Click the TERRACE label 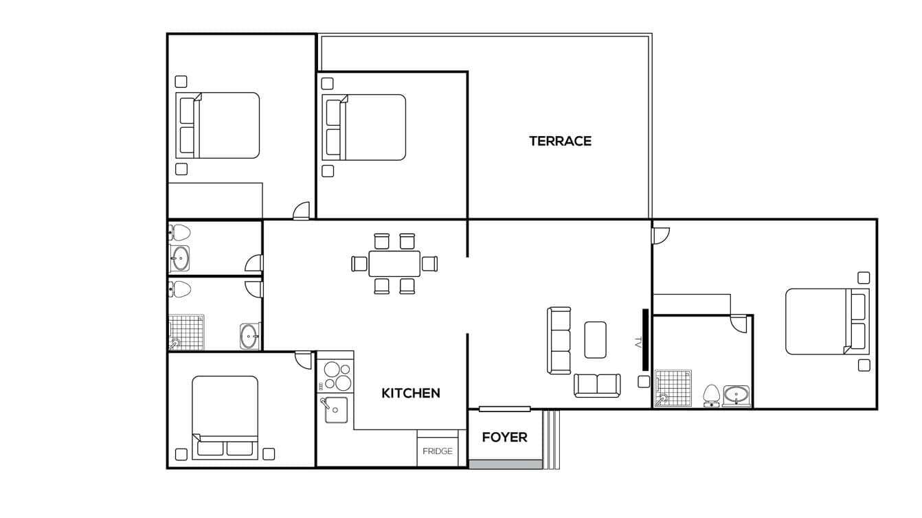[x=560, y=141]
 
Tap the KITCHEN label [x=410, y=393]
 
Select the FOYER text [x=504, y=437]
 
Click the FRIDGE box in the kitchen [x=437, y=451]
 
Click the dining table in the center [x=394, y=263]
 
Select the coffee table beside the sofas [x=595, y=339]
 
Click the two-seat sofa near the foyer [x=597, y=385]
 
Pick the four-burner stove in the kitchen [x=336, y=376]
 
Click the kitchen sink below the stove [x=335, y=410]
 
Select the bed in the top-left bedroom [x=218, y=125]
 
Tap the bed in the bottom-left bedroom [x=225, y=416]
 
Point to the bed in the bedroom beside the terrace [x=364, y=127]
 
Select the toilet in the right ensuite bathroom [x=711, y=395]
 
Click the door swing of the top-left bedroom [x=301, y=212]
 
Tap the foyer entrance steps [x=551, y=439]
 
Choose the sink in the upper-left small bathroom [x=181, y=258]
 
